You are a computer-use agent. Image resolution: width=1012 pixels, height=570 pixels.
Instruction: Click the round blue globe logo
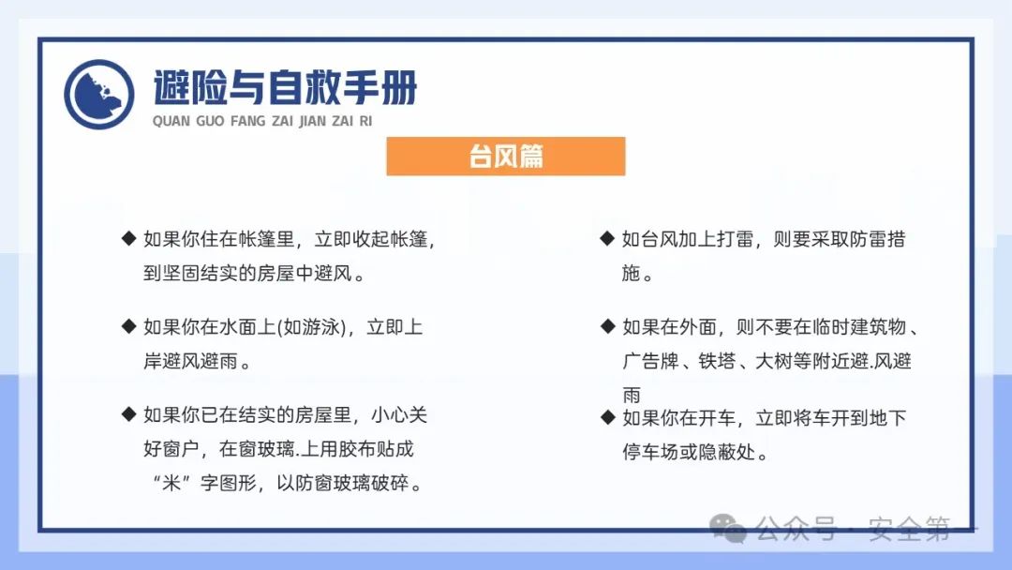pyautogui.click(x=99, y=95)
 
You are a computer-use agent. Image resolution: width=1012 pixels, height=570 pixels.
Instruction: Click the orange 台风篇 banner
pyautogui.click(x=505, y=156)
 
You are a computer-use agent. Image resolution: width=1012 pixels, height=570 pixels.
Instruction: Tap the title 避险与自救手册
pyautogui.click(x=285, y=88)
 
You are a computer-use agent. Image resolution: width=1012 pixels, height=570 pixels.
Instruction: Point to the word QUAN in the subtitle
pyautogui.click(x=171, y=122)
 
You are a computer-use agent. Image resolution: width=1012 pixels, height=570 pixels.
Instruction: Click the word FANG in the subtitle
pyautogui.click(x=247, y=122)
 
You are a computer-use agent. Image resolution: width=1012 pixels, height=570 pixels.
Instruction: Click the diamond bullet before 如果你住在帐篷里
pyautogui.click(x=129, y=238)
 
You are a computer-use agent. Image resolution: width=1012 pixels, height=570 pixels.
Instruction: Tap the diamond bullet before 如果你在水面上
pyautogui.click(x=129, y=326)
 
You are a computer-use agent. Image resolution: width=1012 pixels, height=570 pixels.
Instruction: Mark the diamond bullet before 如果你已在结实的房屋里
pyautogui.click(x=129, y=414)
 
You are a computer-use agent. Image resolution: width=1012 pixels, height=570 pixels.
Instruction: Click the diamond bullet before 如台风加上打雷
pyautogui.click(x=607, y=238)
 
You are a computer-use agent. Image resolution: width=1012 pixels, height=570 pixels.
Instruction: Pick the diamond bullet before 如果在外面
pyautogui.click(x=607, y=326)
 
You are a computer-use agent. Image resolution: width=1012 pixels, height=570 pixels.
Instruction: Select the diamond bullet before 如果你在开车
pyautogui.click(x=607, y=417)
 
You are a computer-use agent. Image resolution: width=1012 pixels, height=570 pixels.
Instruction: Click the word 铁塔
pyautogui.click(x=717, y=361)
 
